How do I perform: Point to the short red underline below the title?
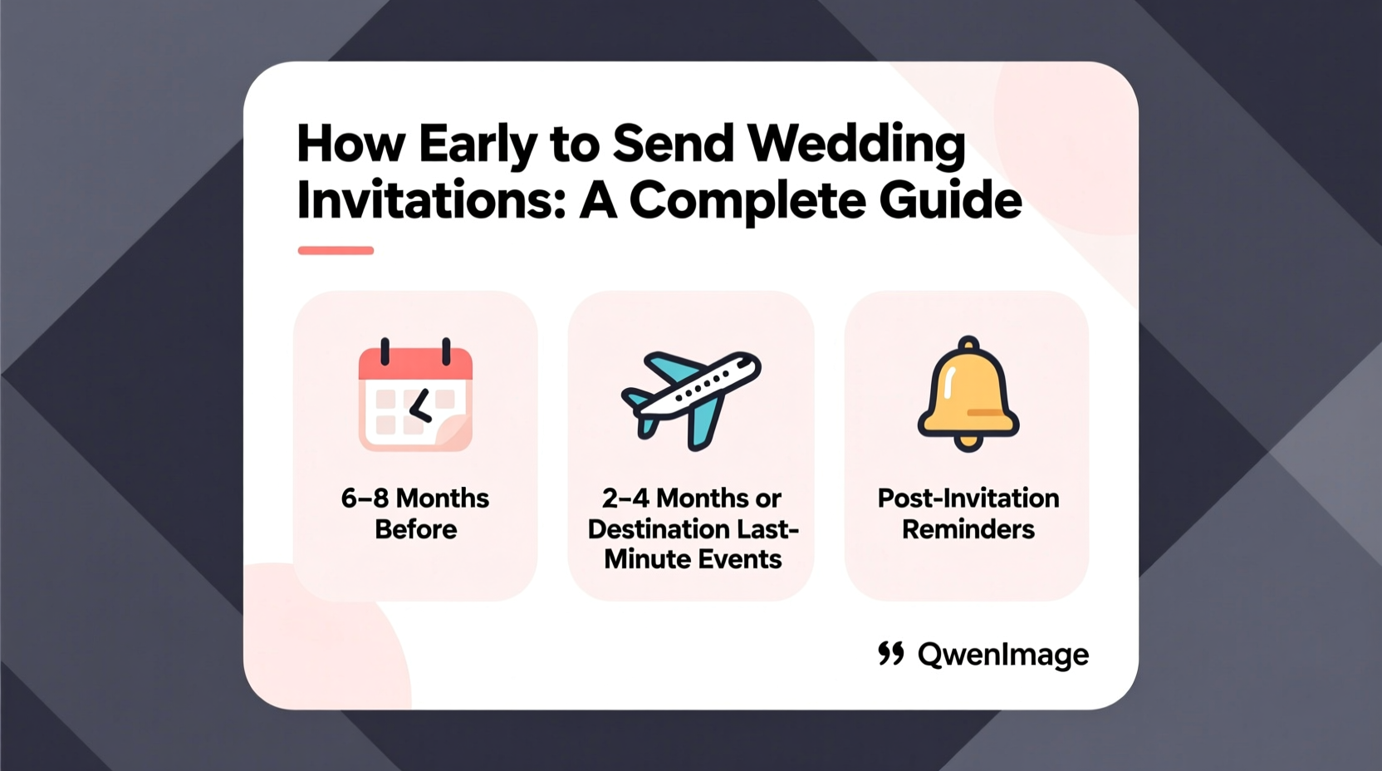point(336,250)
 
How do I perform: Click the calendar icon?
point(415,397)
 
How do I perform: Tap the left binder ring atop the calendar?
point(385,351)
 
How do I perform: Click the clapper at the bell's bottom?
point(968,443)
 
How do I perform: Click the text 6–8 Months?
point(415,498)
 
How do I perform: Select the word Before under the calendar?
point(415,529)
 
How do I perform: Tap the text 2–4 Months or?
point(691,498)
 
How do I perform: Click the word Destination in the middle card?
point(659,529)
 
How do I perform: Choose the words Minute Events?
point(693,559)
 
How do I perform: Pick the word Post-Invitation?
point(968,498)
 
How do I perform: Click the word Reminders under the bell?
point(968,529)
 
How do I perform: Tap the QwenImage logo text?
point(1002,655)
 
